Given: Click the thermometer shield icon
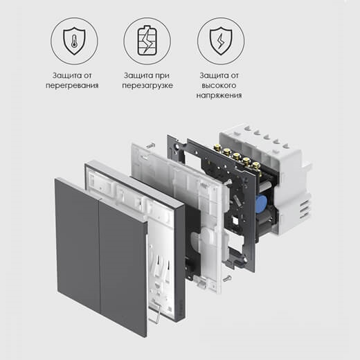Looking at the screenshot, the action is click(x=74, y=41).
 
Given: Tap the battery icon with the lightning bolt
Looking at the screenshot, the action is click(x=147, y=41).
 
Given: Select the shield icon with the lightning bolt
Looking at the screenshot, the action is click(x=221, y=41).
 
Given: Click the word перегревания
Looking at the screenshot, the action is click(x=72, y=85).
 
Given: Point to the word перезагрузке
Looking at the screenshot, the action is click(x=147, y=85).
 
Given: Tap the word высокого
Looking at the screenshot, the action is click(x=219, y=85).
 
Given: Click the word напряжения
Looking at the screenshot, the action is click(x=219, y=96).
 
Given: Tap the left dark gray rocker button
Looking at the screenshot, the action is click(x=78, y=245).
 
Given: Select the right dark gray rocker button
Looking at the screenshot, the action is click(x=123, y=268).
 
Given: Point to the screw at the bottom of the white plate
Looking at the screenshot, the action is click(x=227, y=278).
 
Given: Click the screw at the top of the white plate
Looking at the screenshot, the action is click(x=151, y=145).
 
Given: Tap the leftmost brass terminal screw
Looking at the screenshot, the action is click(x=217, y=147).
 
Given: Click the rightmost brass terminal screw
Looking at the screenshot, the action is click(x=255, y=165).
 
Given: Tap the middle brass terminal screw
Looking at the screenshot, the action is click(x=236, y=156).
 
